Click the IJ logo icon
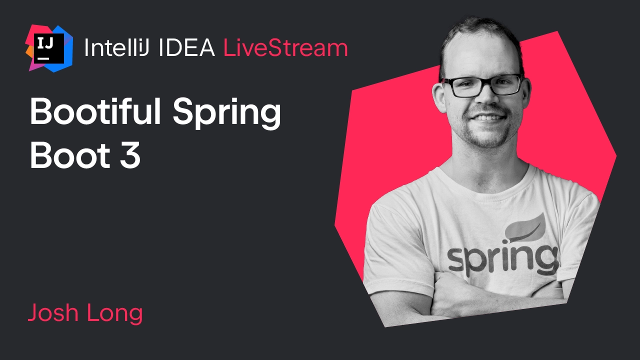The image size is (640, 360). coord(49,48)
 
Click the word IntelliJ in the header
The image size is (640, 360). coord(116,47)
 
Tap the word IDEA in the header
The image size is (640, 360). coord(186,47)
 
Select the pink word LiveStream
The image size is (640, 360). coord(285,47)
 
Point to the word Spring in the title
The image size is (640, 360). coord(227,113)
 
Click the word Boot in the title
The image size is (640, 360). coord(70,155)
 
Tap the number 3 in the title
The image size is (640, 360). coord(130,155)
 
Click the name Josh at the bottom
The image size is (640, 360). coord(53,312)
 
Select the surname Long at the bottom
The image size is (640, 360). coord(114,313)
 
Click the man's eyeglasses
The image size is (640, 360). coord(481,85)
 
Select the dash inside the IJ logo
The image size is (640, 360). coord(43,58)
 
